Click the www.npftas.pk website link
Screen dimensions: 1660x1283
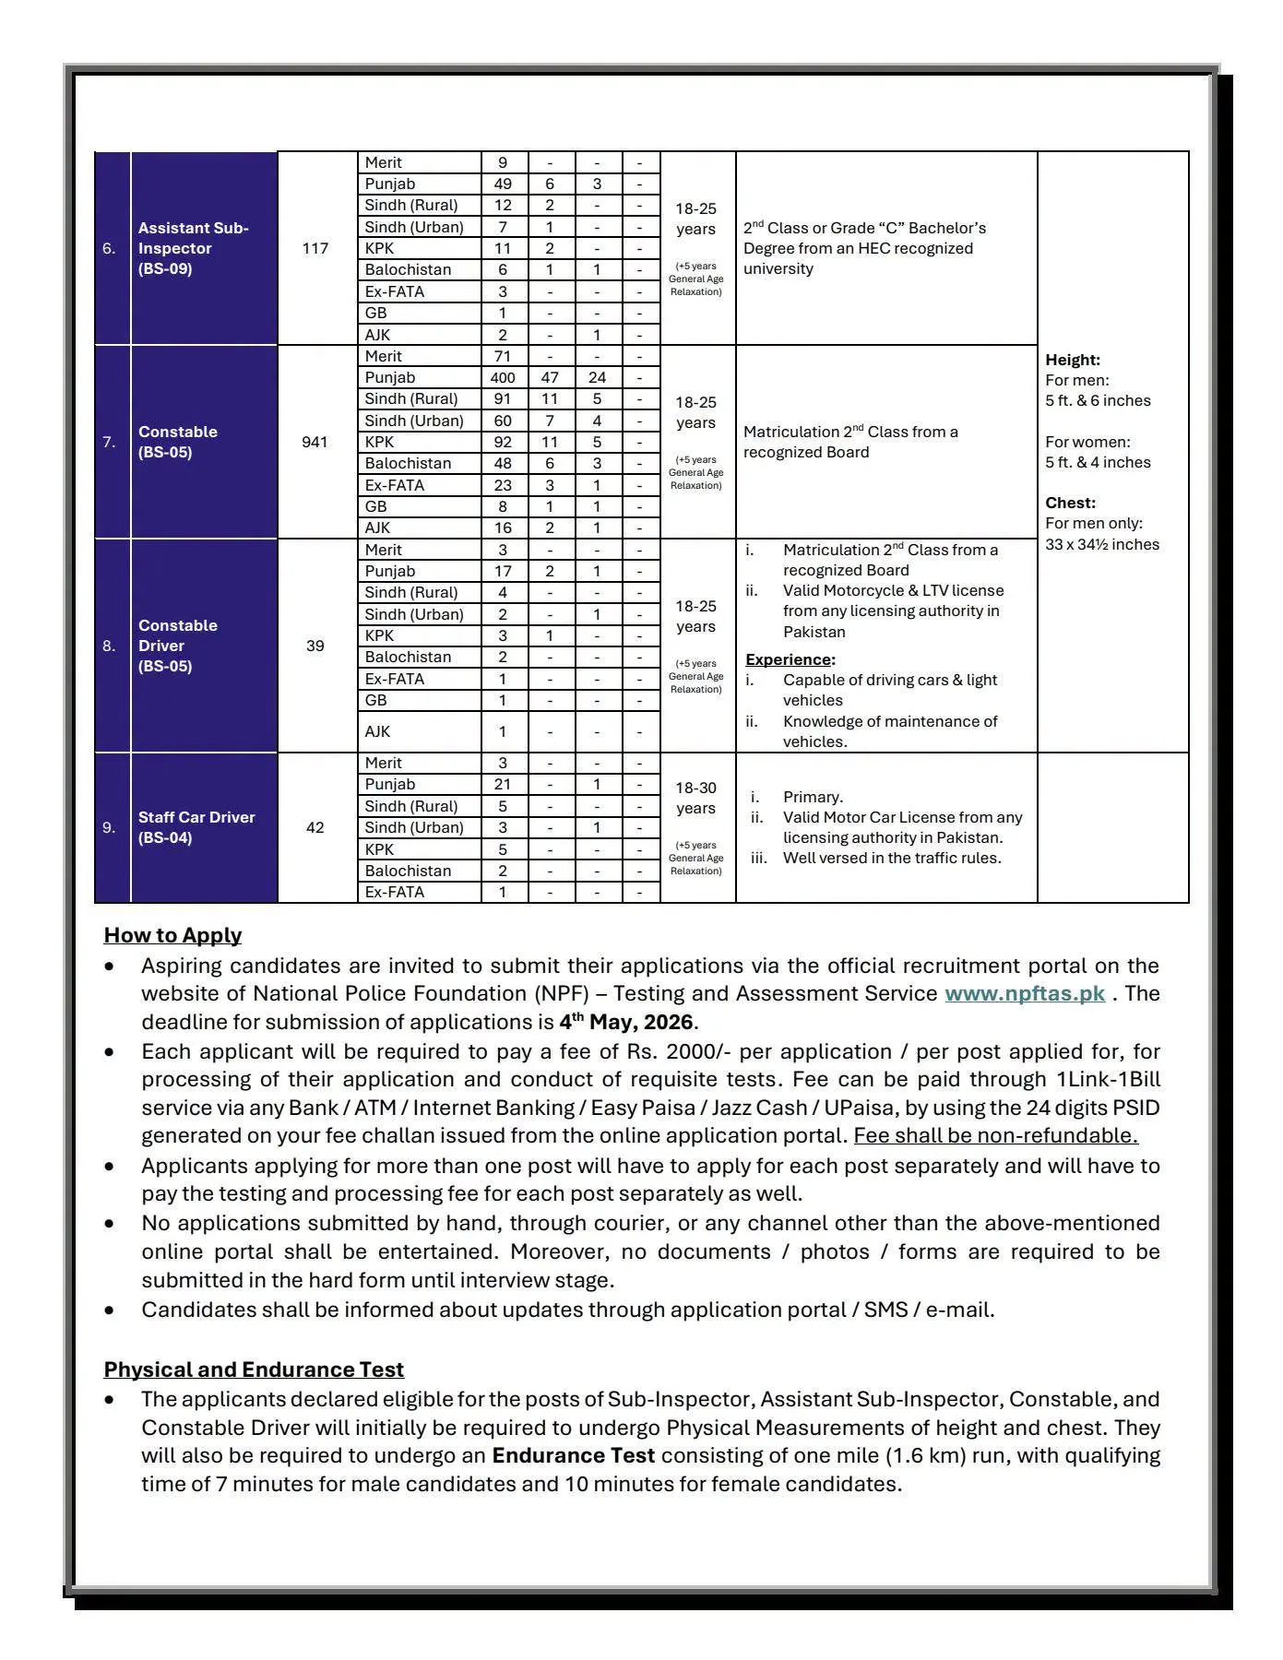[x=1025, y=994]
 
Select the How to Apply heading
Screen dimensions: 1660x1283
[x=172, y=935]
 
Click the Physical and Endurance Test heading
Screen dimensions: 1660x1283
[x=254, y=1369]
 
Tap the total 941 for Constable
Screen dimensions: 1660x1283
[x=315, y=442]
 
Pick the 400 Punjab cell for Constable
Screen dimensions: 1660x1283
[x=503, y=377]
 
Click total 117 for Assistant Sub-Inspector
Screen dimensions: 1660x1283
[x=315, y=248]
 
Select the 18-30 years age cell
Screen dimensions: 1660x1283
[x=695, y=798]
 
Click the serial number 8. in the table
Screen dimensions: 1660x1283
[x=110, y=646]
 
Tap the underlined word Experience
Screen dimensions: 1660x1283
[x=789, y=659]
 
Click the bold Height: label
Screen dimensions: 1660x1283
[x=1073, y=360]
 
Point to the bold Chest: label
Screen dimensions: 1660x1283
[x=1070, y=503]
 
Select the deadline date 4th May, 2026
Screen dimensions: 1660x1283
[x=626, y=1023]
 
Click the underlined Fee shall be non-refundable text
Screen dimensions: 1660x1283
[x=995, y=1135]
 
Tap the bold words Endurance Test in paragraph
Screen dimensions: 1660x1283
[x=574, y=1456]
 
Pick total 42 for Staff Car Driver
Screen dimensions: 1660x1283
[x=315, y=827]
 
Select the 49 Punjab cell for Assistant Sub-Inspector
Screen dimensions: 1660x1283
[x=503, y=184]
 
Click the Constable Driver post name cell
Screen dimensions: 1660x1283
[x=178, y=646]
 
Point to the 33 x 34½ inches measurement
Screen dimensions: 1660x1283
[x=1102, y=544]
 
